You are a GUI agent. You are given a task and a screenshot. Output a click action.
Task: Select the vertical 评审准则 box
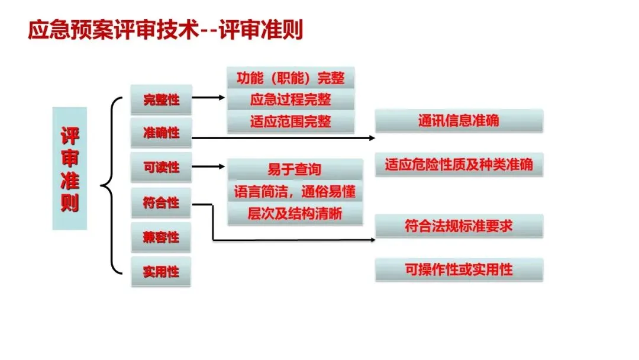[70, 168]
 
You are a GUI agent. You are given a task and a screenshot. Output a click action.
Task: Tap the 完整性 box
[161, 99]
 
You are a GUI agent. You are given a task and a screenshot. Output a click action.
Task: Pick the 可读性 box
[161, 168]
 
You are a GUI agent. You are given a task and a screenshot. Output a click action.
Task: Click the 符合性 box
[161, 203]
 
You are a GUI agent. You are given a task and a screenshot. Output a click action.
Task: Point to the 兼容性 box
[161, 237]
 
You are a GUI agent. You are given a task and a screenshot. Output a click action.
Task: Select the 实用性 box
[161, 272]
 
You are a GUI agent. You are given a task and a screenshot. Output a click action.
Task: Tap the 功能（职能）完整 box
[291, 78]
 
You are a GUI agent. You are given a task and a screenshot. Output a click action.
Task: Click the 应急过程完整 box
[291, 99]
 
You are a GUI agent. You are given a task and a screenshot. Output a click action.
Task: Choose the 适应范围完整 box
[291, 121]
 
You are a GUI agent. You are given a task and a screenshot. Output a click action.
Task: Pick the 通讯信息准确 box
[459, 120]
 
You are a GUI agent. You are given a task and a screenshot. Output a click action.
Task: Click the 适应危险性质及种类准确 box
[459, 164]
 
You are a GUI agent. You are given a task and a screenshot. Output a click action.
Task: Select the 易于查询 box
[295, 169]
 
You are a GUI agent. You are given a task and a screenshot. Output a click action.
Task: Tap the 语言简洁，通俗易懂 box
[295, 191]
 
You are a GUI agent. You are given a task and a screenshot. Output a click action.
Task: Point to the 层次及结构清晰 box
[295, 213]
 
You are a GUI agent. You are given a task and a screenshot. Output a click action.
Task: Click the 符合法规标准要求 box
[459, 226]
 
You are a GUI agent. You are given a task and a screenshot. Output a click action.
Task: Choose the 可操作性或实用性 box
[459, 269]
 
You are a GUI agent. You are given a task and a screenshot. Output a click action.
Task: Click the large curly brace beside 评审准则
[111, 186]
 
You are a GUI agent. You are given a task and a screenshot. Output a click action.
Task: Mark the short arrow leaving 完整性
[208, 98]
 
